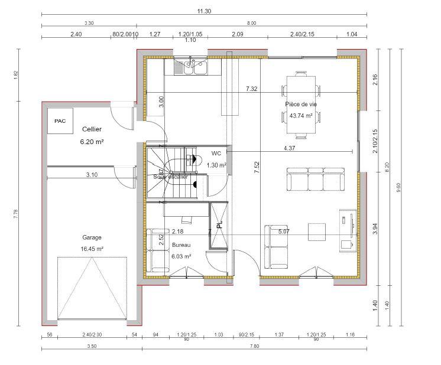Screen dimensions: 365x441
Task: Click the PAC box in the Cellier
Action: click(x=60, y=121)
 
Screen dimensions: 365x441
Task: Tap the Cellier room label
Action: click(x=92, y=129)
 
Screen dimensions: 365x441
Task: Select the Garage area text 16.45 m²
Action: click(x=92, y=249)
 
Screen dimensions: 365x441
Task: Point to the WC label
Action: click(x=216, y=153)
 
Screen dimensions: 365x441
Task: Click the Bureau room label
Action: click(x=181, y=245)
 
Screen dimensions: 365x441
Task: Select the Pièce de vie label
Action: click(x=301, y=104)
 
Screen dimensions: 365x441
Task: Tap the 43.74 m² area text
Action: click(x=301, y=116)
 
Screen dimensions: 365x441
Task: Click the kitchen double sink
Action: click(x=195, y=69)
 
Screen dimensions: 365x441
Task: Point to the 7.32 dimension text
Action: click(x=252, y=89)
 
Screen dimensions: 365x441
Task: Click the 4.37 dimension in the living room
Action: click(x=290, y=148)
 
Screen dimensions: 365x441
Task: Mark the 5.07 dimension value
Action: click(x=284, y=231)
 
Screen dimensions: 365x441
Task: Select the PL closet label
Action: click(x=219, y=225)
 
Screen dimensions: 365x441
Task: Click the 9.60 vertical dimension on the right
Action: click(x=399, y=187)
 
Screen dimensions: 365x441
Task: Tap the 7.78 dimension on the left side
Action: click(x=15, y=214)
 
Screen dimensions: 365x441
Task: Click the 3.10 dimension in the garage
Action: click(x=92, y=175)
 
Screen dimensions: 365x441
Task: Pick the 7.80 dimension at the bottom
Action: click(x=254, y=347)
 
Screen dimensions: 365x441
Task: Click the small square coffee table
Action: click(x=317, y=232)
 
